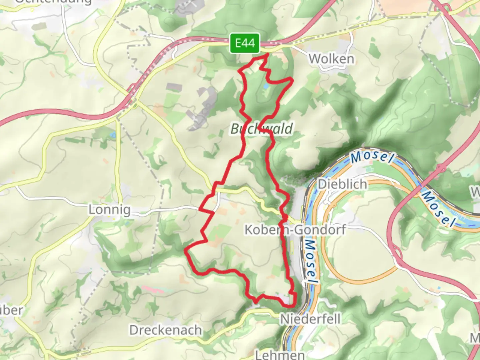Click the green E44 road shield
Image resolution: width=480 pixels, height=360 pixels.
[x=245, y=43]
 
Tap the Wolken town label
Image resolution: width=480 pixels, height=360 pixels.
[x=331, y=59]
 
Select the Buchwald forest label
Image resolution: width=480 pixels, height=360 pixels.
[x=262, y=129]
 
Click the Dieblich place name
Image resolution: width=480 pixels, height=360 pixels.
[x=342, y=184]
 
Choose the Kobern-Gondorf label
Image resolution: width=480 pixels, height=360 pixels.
[x=295, y=230]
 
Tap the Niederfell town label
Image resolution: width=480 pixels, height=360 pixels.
[x=310, y=319]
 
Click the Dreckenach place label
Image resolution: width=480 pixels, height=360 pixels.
[x=166, y=330]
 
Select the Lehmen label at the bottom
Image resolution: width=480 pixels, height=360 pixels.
[x=280, y=354]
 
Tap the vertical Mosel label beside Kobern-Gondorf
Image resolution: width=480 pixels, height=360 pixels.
[x=311, y=262]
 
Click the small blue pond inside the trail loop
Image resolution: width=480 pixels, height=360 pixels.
[x=265, y=86]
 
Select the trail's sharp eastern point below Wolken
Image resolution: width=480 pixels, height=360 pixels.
[x=292, y=79]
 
